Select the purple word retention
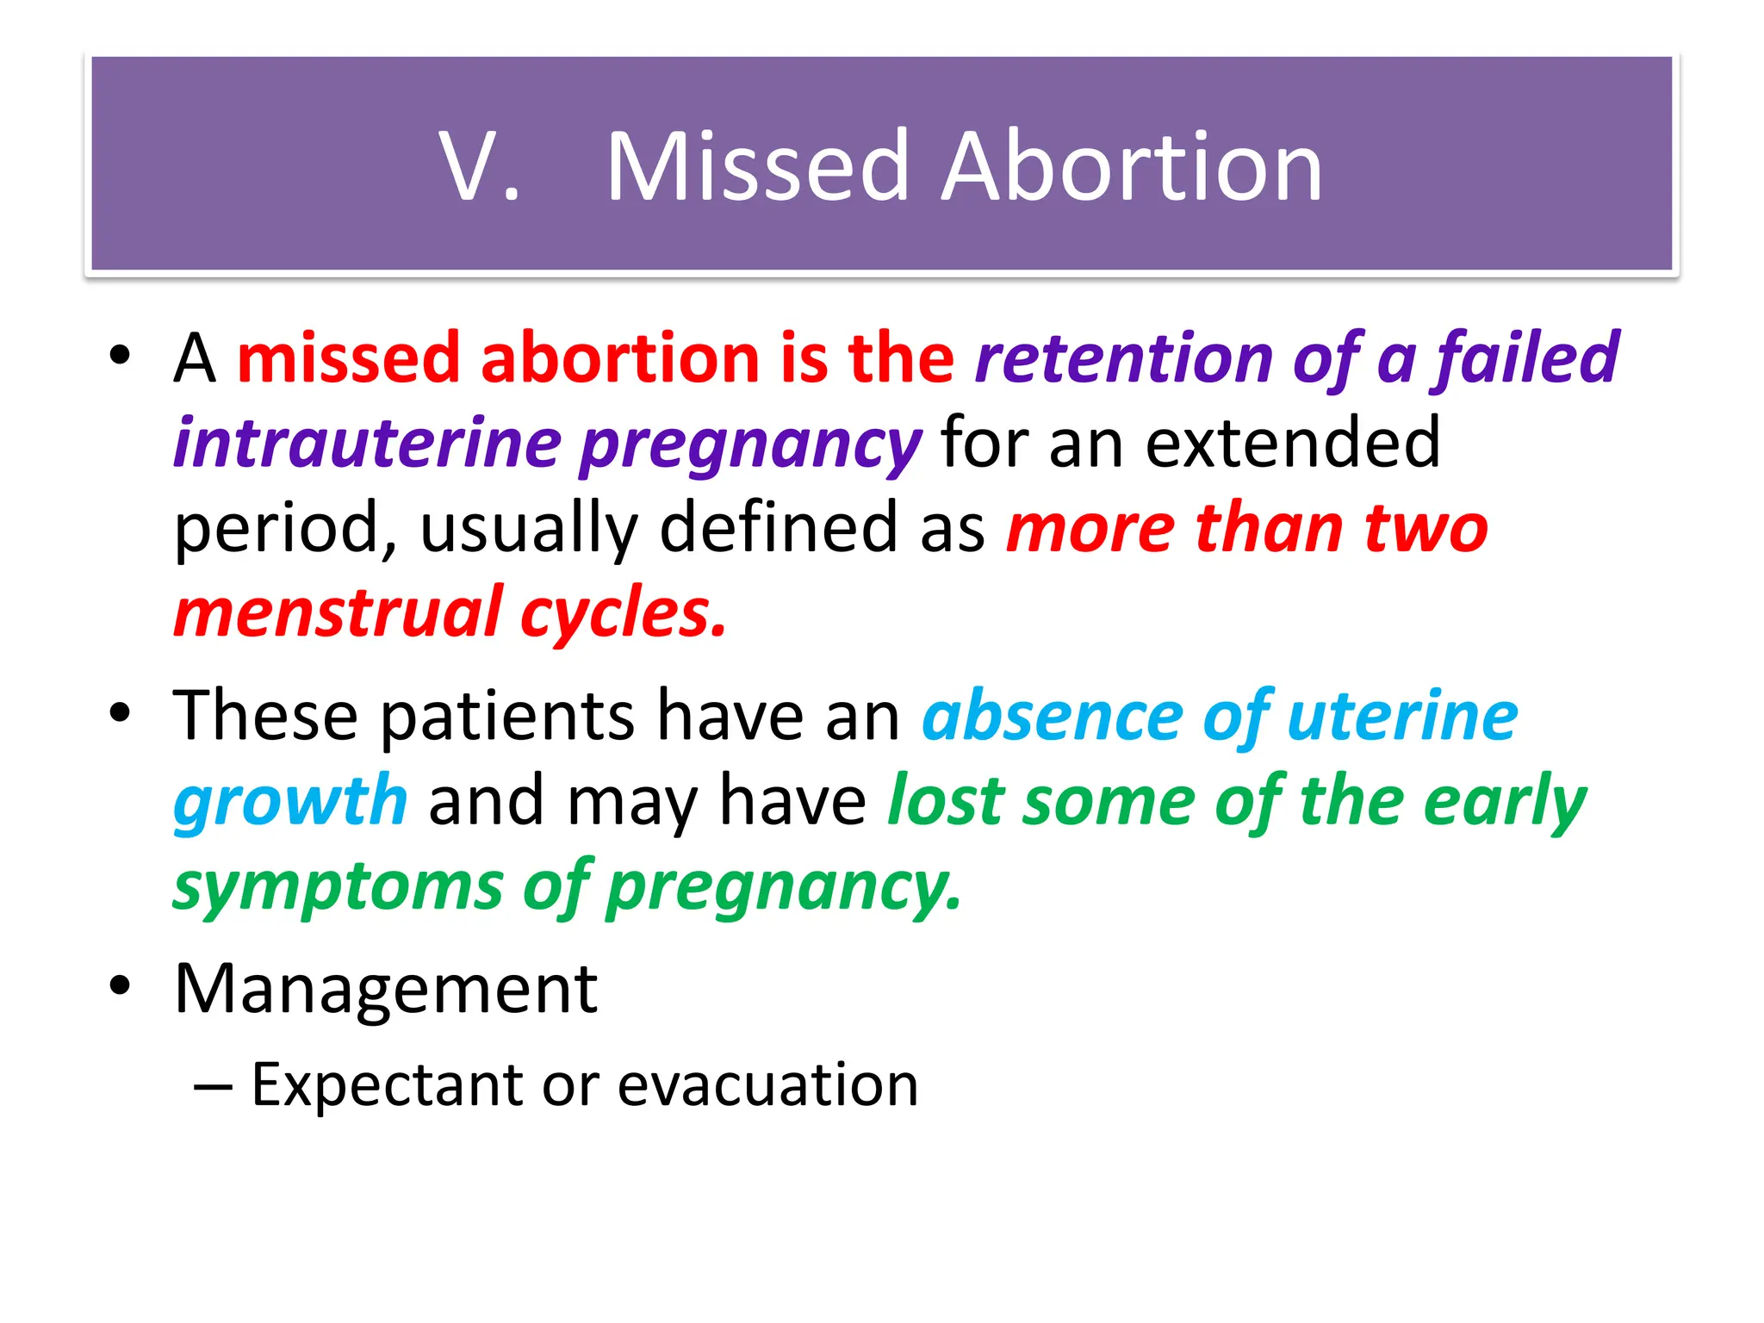coord(1123,357)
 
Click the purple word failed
coord(1525,357)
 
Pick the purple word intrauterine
coord(367,443)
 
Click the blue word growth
coord(289,801)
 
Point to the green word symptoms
coord(338,886)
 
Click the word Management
coord(385,989)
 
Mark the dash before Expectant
coord(213,1086)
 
